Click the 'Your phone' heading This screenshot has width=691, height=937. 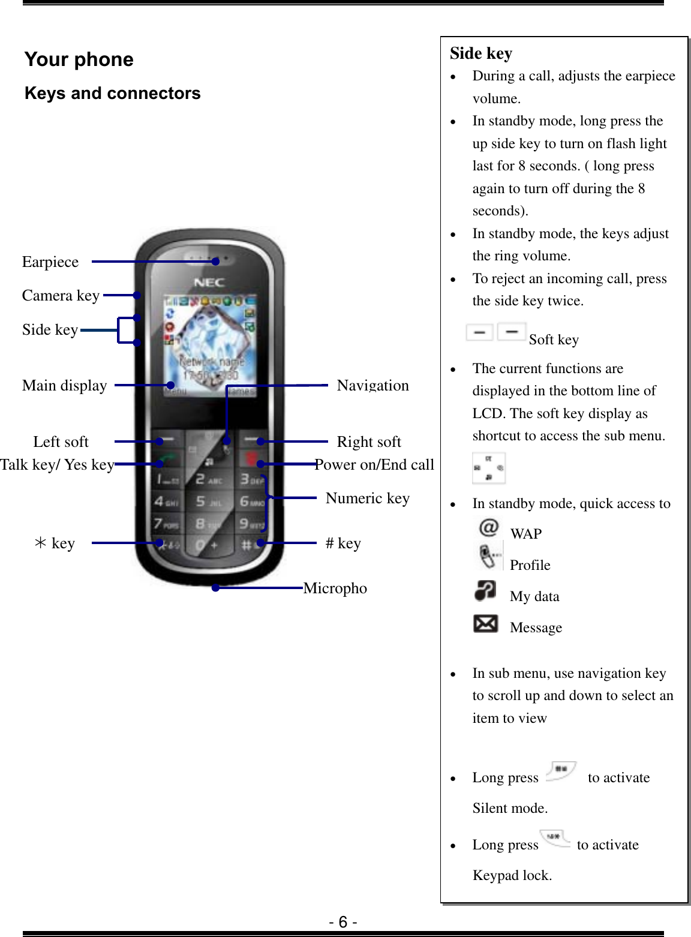tap(79, 59)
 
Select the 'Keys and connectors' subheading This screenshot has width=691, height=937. tap(113, 94)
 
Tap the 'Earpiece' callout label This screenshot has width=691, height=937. tap(50, 262)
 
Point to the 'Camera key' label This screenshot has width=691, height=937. tap(61, 296)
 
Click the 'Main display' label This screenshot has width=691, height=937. tap(65, 386)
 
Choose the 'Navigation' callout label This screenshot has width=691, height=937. tap(372, 386)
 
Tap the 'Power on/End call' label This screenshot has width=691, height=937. tap(374, 465)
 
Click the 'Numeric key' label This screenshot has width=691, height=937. tap(367, 498)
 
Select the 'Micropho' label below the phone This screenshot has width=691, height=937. tap(335, 588)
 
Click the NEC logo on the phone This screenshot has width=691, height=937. tap(209, 283)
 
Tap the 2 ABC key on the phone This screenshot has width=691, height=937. tap(208, 479)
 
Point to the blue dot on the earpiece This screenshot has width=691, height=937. tap(215, 262)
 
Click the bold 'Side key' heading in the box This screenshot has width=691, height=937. tap(481, 53)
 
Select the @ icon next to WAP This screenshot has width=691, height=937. tap(489, 528)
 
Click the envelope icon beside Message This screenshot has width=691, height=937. tap(485, 624)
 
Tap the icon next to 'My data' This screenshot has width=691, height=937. tap(485, 591)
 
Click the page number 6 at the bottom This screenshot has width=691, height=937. tap(343, 922)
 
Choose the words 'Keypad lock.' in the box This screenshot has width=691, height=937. tap(512, 876)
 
